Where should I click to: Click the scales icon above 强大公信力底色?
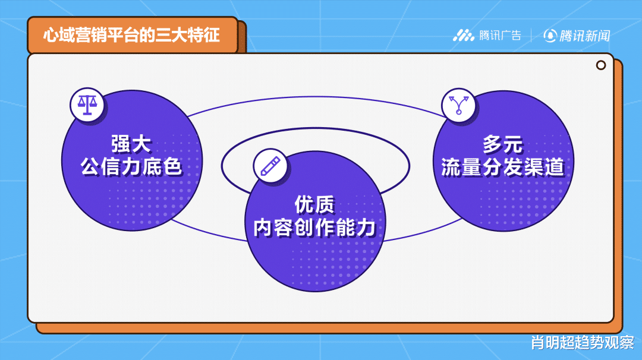pos(87,105)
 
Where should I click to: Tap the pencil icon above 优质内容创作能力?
pos(270,166)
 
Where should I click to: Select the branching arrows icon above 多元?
pos(458,105)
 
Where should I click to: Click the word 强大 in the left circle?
pos(131,144)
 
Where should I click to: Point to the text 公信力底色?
pos(131,167)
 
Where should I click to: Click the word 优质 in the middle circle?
pos(315,204)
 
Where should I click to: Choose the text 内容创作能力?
pos(315,228)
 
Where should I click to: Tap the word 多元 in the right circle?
pos(502,144)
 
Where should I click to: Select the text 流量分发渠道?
pos(502,167)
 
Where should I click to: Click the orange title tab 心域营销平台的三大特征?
pos(132,35)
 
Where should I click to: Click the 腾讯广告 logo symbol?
pos(464,36)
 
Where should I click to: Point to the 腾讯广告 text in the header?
pos(500,36)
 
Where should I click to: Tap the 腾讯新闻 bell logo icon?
pos(550,36)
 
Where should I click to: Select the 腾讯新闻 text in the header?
pos(585,36)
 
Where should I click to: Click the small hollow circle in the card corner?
pos(601,65)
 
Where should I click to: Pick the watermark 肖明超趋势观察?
pos(583,342)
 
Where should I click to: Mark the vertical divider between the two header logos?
pos(531,36)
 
